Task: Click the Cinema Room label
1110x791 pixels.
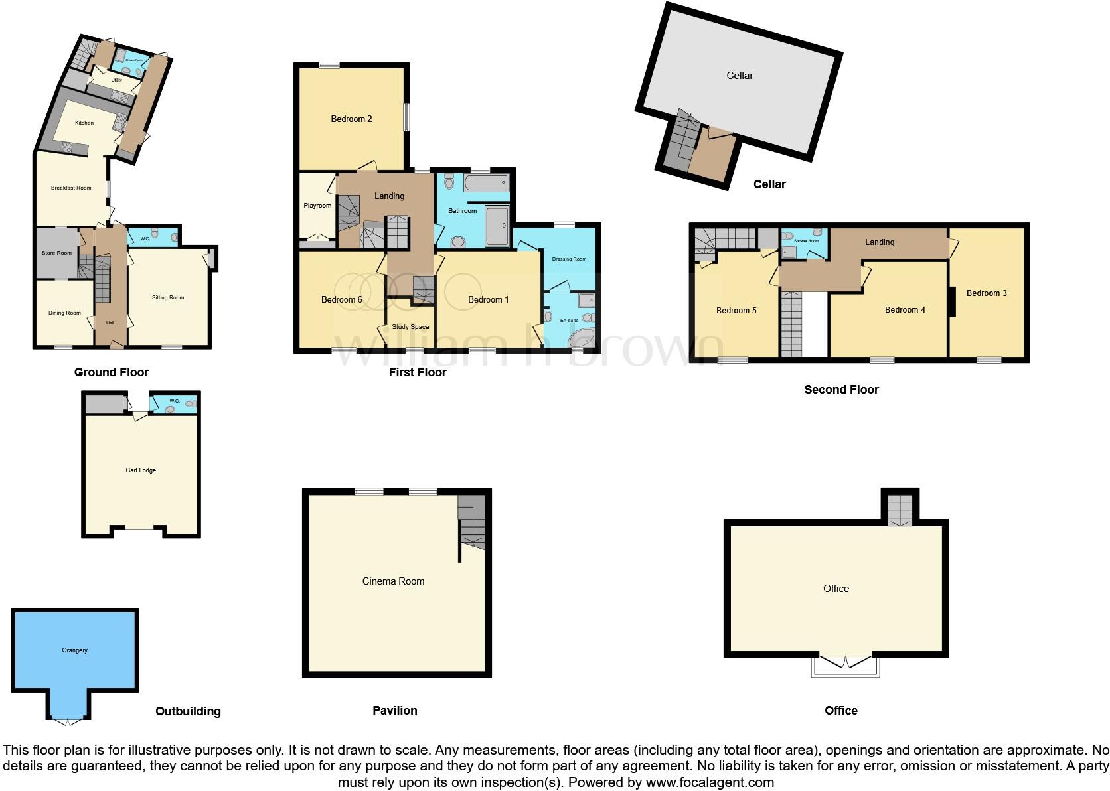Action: tap(393, 581)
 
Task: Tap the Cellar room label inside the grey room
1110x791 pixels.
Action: tap(740, 76)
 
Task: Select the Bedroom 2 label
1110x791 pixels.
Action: tap(351, 119)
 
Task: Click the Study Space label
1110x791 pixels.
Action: tap(410, 327)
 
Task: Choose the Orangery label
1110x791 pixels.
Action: tap(74, 650)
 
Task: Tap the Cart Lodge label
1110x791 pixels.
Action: tap(141, 470)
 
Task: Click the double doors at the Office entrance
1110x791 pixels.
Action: tap(845, 662)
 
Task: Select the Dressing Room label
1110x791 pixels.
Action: tap(569, 259)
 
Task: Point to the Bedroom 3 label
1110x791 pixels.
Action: tap(987, 293)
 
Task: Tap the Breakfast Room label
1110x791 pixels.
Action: tap(71, 188)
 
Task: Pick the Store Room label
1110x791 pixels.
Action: tap(56, 253)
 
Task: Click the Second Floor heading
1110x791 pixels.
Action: tap(841, 390)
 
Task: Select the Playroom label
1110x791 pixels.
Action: tap(317, 206)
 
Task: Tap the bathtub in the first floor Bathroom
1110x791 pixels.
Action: tap(487, 182)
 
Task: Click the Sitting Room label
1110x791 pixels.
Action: tap(168, 298)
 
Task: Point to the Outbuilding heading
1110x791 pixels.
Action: tap(188, 711)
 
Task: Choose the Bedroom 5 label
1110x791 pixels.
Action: tap(736, 311)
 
